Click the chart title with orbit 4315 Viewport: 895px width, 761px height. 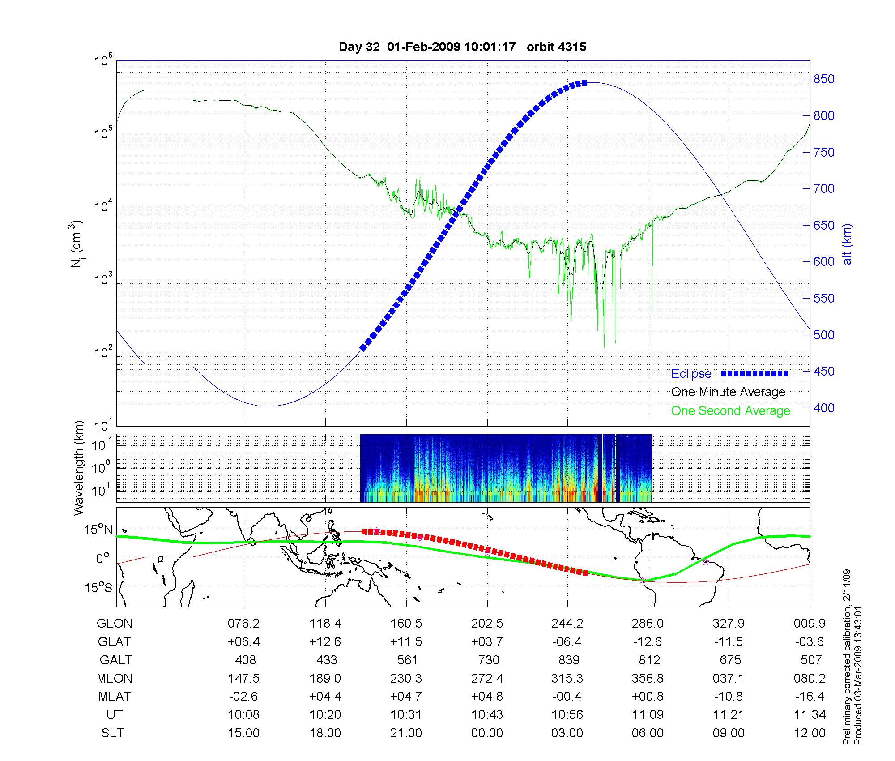pyautogui.click(x=462, y=47)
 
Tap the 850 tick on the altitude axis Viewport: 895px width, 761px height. pyautogui.click(x=824, y=79)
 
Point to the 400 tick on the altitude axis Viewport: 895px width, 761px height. pyautogui.click(x=824, y=408)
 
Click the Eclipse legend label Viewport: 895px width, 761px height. pyautogui.click(x=691, y=374)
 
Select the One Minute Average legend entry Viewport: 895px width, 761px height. pyautogui.click(x=728, y=392)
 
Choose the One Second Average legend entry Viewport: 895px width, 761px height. pyautogui.click(x=730, y=411)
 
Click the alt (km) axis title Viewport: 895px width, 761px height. pyautogui.click(x=847, y=244)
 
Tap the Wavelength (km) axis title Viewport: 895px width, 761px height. pyautogui.click(x=79, y=468)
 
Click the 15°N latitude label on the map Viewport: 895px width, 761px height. pyautogui.click(x=99, y=530)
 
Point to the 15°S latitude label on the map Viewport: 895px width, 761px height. pyautogui.click(x=99, y=587)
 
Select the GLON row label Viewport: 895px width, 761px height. pyautogui.click(x=115, y=623)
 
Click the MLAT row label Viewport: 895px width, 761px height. pyautogui.click(x=115, y=697)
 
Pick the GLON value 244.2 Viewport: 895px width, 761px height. pyautogui.click(x=567, y=623)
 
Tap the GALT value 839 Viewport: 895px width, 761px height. pyautogui.click(x=569, y=660)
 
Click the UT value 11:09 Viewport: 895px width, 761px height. pyautogui.click(x=648, y=715)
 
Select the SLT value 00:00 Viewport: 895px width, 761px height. pyautogui.click(x=487, y=733)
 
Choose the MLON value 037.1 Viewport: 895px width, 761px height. pyautogui.click(x=729, y=678)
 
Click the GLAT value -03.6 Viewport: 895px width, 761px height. pyautogui.click(x=810, y=641)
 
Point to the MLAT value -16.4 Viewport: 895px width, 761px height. pyautogui.click(x=810, y=697)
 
